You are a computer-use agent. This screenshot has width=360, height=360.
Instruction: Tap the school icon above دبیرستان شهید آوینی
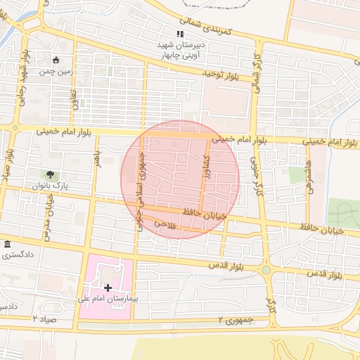181,34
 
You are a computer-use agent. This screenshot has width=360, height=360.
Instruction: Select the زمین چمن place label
56,71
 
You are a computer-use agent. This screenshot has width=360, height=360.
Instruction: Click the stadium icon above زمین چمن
56,60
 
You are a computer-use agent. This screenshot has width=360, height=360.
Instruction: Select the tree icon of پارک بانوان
50,174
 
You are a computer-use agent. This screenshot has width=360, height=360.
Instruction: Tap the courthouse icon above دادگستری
8,244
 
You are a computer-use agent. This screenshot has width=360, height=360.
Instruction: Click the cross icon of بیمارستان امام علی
108,288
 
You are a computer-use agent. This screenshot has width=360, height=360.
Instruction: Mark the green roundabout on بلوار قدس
266,270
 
